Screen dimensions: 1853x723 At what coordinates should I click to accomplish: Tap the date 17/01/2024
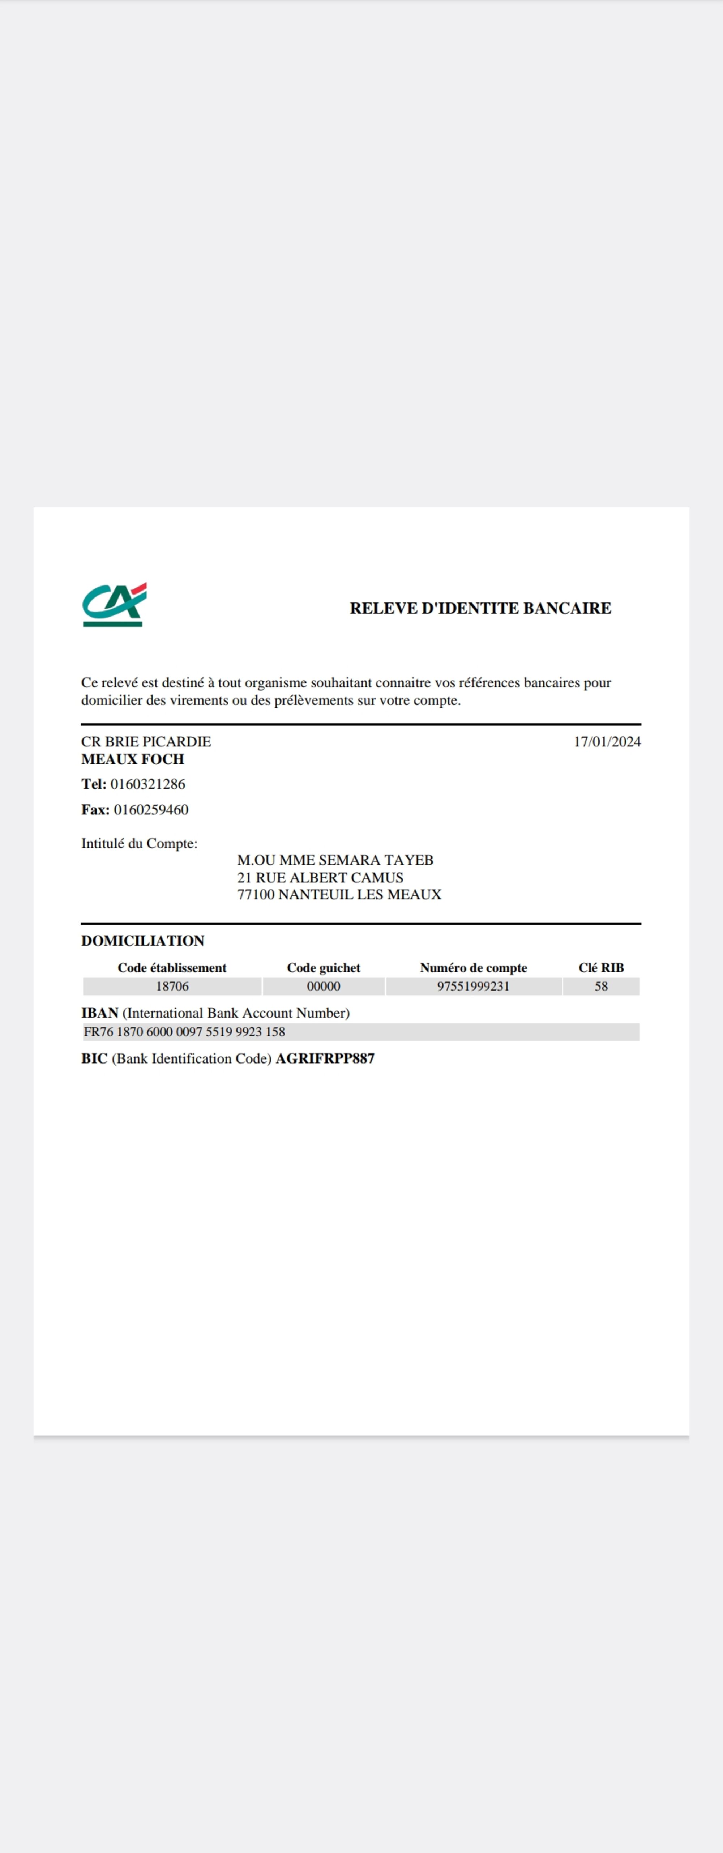607,742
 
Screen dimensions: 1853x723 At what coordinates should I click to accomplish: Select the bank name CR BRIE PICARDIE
146,742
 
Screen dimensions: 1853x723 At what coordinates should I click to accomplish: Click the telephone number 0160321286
147,784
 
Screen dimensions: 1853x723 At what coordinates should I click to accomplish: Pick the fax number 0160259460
151,810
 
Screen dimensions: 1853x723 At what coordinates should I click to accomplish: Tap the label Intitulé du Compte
139,844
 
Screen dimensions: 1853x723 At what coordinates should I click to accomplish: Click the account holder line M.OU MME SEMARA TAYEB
335,860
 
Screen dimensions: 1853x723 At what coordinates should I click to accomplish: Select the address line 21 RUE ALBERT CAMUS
320,878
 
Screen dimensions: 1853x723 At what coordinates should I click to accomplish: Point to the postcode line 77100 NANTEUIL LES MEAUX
339,895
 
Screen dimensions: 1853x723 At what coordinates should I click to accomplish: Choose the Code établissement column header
172,968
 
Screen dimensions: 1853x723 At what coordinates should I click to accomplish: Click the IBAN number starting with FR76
184,1032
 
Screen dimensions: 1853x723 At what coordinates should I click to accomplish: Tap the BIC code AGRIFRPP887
325,1059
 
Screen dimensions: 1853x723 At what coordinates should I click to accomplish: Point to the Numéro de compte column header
473,968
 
